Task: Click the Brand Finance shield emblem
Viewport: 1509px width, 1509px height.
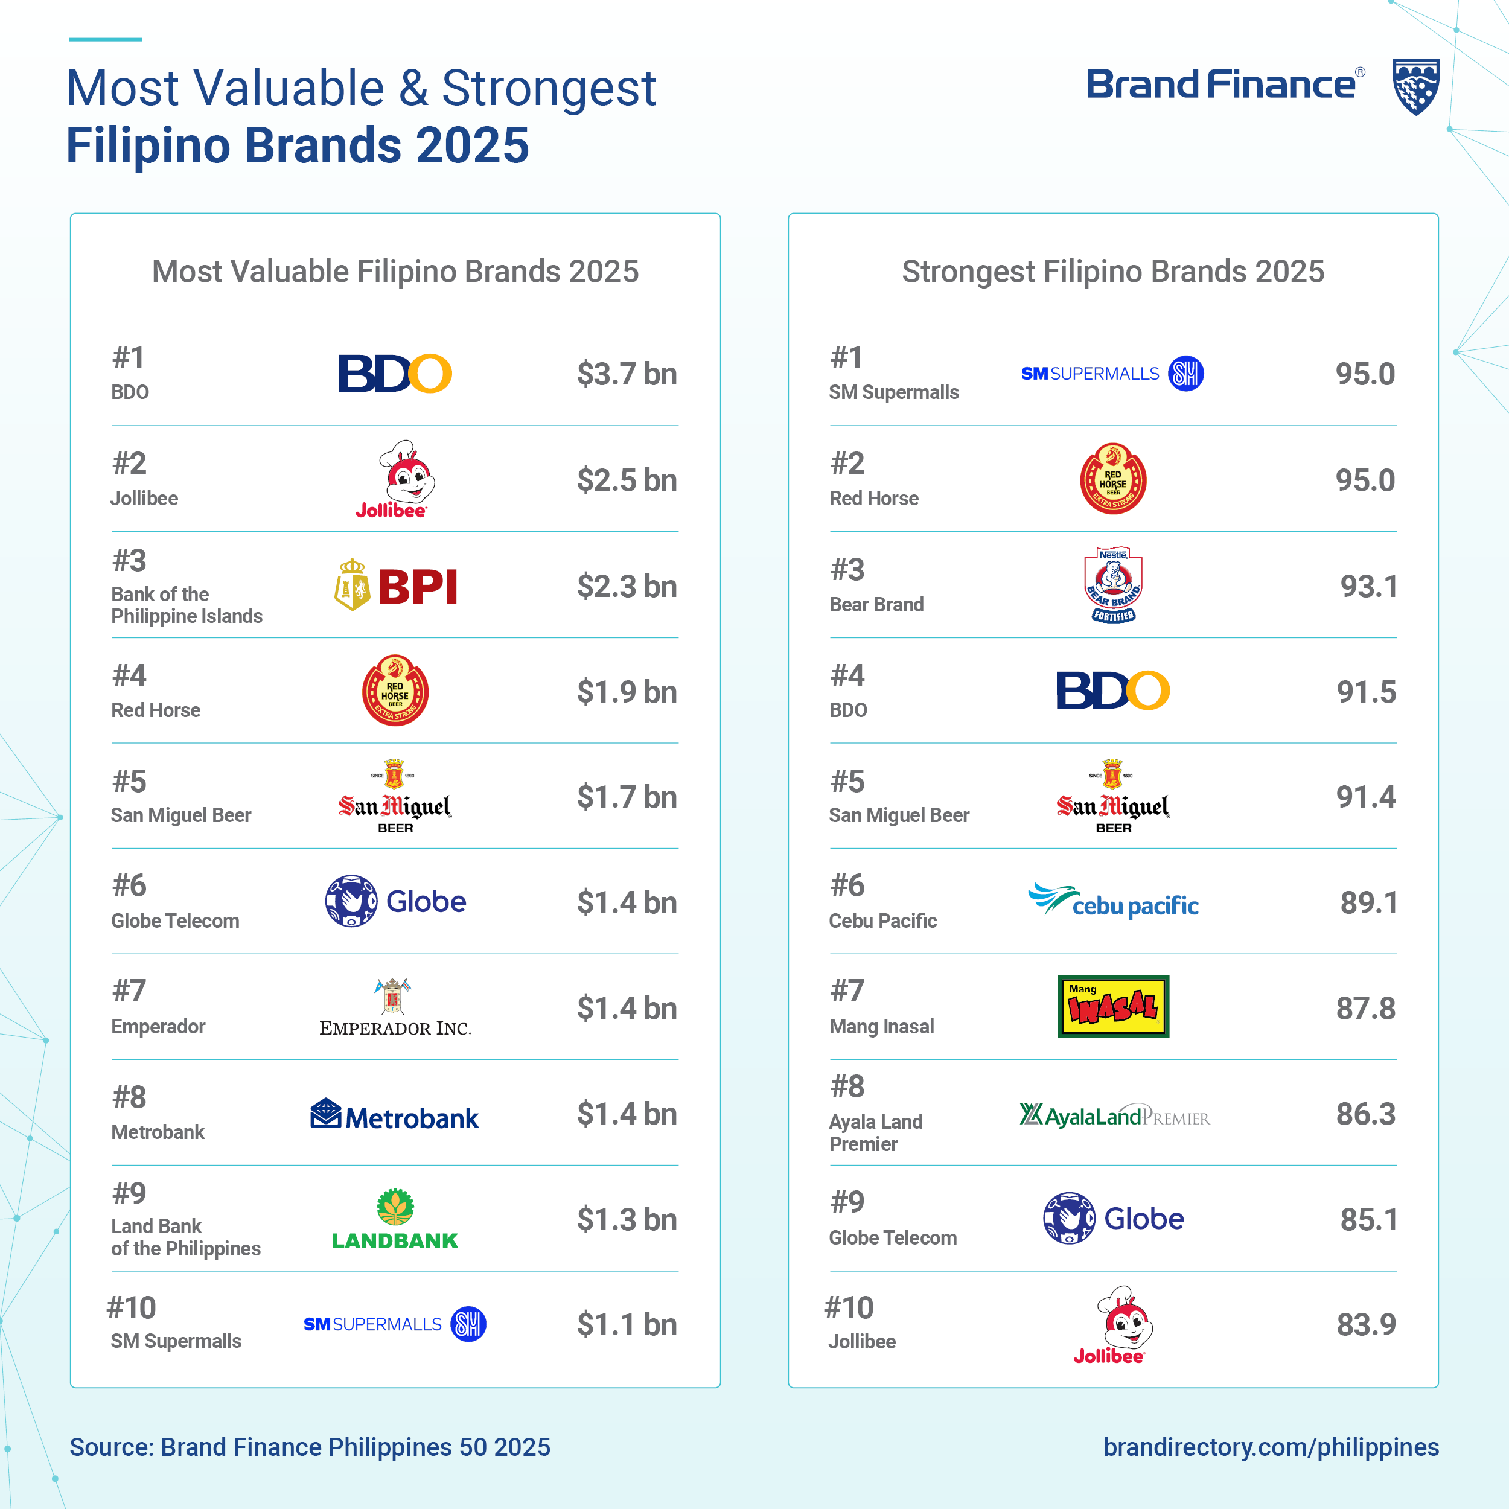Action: click(1415, 86)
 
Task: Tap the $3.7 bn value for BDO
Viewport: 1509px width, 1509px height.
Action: click(627, 374)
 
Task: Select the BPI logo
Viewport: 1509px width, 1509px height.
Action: click(396, 585)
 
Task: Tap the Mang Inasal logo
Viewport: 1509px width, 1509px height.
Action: click(1113, 1006)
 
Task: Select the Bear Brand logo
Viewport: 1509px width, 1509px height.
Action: click(1113, 584)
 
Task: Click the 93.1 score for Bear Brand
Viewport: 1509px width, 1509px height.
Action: click(1368, 587)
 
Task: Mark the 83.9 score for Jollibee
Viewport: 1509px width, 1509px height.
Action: click(1366, 1325)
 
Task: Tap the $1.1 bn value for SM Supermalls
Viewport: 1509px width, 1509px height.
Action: click(627, 1325)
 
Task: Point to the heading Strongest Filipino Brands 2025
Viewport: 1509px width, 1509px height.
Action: click(1113, 272)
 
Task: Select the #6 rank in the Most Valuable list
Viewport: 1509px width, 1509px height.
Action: click(130, 885)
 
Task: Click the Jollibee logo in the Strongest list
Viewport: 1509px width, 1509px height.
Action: click(1113, 1325)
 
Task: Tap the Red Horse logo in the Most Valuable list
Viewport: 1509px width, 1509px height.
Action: click(395, 691)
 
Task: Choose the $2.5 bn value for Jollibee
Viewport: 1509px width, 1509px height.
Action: click(627, 480)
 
